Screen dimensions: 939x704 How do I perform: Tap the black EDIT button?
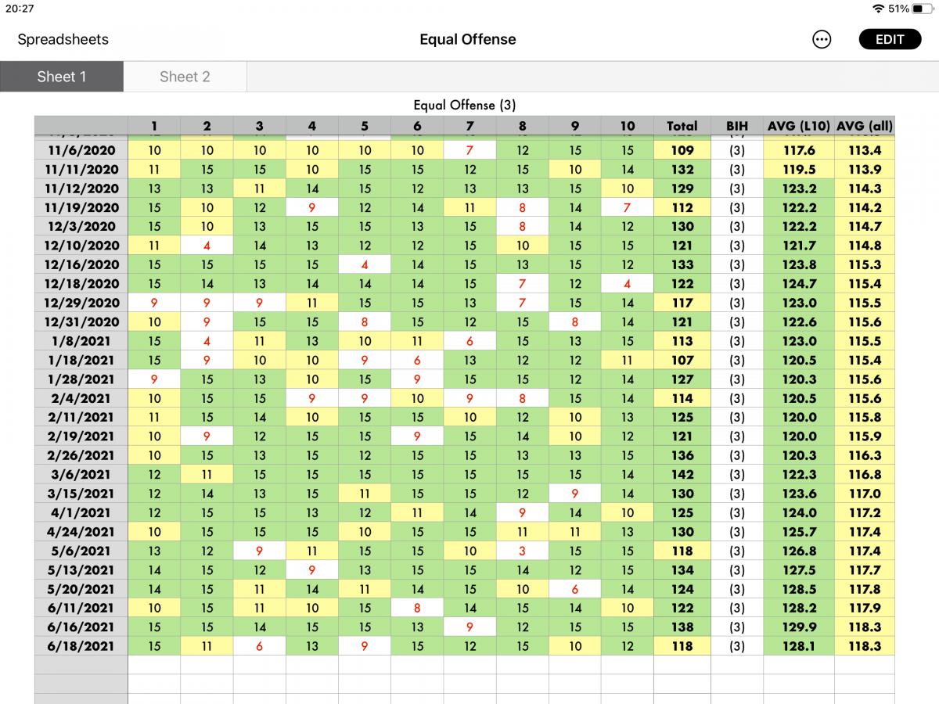[x=890, y=39]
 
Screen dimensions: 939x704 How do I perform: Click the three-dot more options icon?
[x=822, y=39]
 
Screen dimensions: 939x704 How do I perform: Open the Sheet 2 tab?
[x=185, y=77]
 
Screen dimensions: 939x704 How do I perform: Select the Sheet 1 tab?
[x=62, y=77]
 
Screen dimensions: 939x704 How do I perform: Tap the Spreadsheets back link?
[x=63, y=39]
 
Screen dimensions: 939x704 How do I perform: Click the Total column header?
[x=682, y=126]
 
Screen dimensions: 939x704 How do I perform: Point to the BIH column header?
[x=736, y=126]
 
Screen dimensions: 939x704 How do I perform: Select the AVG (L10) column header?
[x=799, y=126]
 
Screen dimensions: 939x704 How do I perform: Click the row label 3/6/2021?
[x=81, y=475]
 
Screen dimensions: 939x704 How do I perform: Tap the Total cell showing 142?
[x=682, y=475]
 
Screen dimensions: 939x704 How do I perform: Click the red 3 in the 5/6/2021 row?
[x=523, y=551]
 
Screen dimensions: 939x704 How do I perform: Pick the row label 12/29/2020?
[x=81, y=303]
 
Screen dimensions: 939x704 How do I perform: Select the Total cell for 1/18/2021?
[x=682, y=360]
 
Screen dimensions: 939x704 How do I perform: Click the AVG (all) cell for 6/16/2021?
[x=865, y=627]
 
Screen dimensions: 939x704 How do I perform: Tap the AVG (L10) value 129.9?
[x=799, y=627]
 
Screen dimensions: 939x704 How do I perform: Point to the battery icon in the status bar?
[x=923, y=9]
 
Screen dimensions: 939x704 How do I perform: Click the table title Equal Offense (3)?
[x=465, y=105]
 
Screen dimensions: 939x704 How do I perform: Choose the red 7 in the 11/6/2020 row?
[x=469, y=150]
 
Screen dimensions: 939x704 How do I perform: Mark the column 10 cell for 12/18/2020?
[x=628, y=284]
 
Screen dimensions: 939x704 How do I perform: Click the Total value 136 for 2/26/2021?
[x=682, y=455]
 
